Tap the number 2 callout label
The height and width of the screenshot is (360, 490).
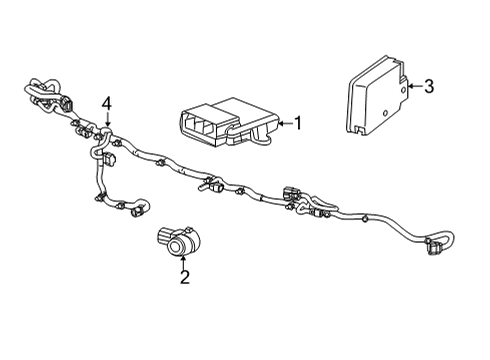pyautogui.click(x=184, y=277)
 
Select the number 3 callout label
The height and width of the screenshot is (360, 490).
pyautogui.click(x=428, y=87)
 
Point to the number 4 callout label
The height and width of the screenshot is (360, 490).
pyautogui.click(x=106, y=103)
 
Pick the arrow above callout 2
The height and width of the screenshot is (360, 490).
pyautogui.click(x=184, y=260)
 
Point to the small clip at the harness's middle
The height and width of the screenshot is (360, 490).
pyautogui.click(x=213, y=184)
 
